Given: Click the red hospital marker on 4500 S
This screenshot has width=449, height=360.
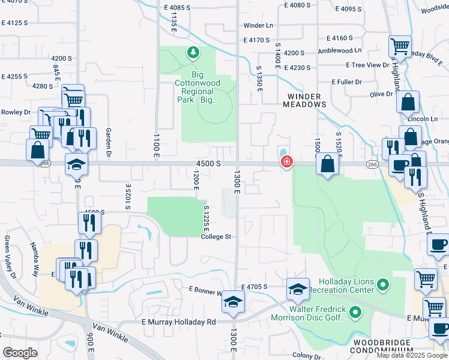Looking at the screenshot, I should point(287,163).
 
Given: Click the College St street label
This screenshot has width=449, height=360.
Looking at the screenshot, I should point(216,237).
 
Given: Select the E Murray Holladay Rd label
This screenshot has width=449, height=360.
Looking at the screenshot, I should point(178,322).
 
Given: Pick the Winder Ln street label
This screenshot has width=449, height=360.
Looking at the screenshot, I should point(258,26).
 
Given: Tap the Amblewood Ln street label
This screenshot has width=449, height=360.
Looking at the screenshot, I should point(340,50).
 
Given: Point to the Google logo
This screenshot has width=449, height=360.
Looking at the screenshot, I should point(20,353).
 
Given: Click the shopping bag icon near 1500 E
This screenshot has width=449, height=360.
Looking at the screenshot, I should point(328,164).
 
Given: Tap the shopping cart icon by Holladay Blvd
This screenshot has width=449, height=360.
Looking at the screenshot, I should point(399,46).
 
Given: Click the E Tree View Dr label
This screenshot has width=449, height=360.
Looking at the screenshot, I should point(367,65).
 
